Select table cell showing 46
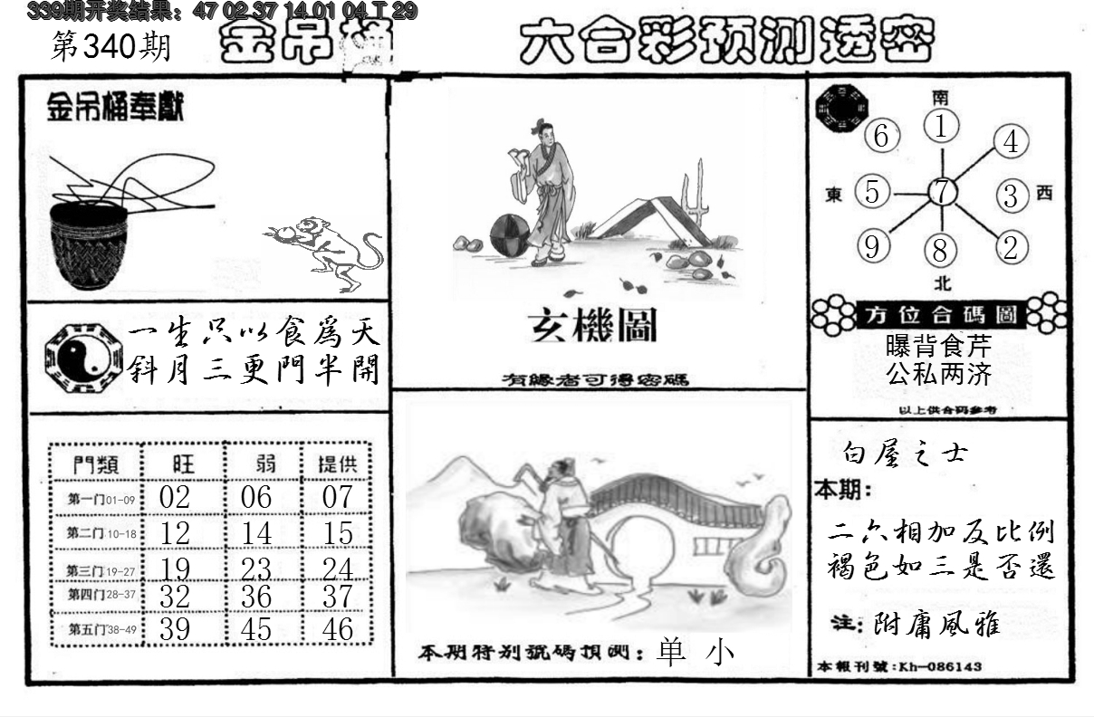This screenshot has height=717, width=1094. pyautogui.click(x=337, y=629)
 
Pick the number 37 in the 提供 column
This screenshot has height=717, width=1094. pyautogui.click(x=337, y=597)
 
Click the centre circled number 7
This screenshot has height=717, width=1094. pyautogui.click(x=943, y=192)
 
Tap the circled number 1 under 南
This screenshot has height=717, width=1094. pyautogui.click(x=943, y=127)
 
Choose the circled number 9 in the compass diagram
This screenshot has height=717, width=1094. pyautogui.click(x=872, y=246)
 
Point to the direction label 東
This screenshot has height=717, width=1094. pyautogui.click(x=834, y=195)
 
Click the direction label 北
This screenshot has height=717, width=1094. pyautogui.click(x=943, y=283)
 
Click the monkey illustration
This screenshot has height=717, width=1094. pyautogui.click(x=325, y=251)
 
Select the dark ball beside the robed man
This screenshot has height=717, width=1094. pyautogui.click(x=509, y=236)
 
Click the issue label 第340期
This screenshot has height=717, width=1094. pyautogui.click(x=110, y=46)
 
